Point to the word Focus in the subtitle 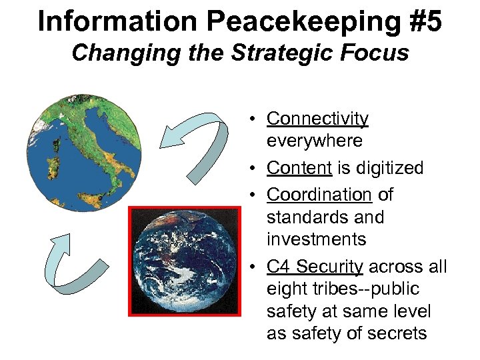pos(377,52)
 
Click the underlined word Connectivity pos(317,119)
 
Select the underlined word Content pos(299,168)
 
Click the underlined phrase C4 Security pos(315,267)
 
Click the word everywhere pos(315,141)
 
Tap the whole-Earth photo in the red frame pos(183,261)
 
